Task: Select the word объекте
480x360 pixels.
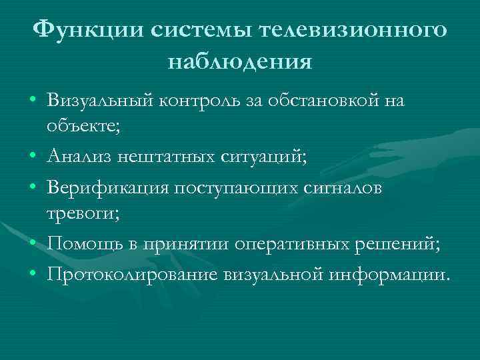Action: tap(83, 125)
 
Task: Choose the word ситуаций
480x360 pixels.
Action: tap(265, 157)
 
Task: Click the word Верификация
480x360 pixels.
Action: tap(107, 188)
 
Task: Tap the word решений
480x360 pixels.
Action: tap(401, 244)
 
